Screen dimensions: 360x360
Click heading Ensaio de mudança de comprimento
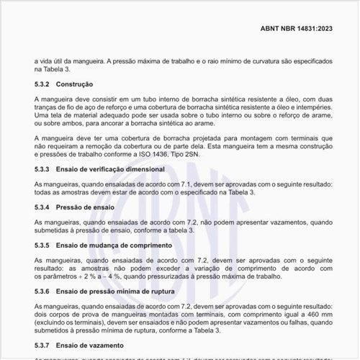point(116,246)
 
